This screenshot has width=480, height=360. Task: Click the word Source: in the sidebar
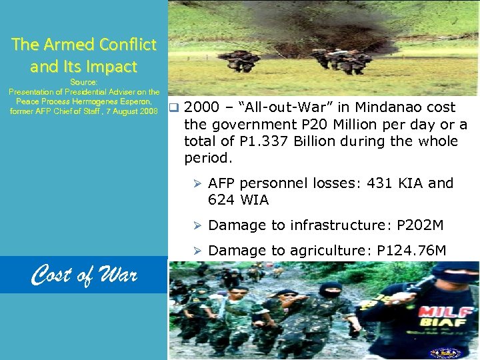coord(84,81)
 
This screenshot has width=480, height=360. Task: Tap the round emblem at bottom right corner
coord(441,352)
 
